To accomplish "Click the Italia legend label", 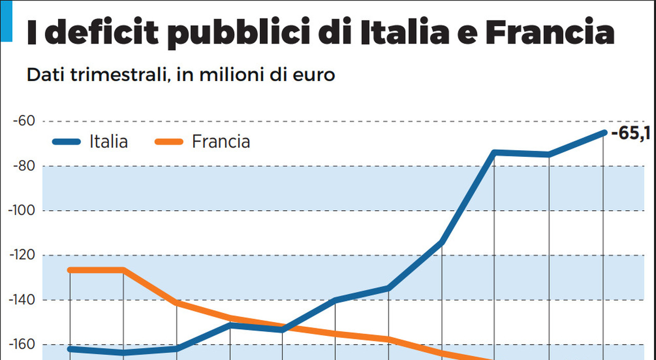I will pos(109,141).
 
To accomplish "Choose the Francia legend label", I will pos(221,141).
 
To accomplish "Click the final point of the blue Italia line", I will pos(604,133).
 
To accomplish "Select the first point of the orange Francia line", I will pos(70,270).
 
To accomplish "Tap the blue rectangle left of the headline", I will pos(6,21).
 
